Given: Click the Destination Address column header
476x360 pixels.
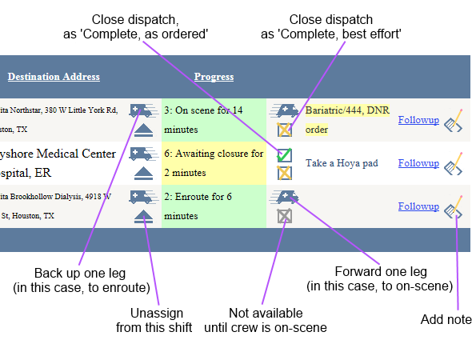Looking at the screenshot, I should (54, 77).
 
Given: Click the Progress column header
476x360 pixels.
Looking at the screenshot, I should (214, 77).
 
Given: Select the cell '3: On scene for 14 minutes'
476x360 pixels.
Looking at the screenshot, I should (214, 119).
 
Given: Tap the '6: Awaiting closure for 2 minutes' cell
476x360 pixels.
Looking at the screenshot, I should (214, 162).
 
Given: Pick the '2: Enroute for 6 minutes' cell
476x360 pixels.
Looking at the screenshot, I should (214, 206).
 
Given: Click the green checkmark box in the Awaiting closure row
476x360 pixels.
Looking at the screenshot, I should (284, 155).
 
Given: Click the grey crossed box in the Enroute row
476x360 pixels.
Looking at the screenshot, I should (284, 216).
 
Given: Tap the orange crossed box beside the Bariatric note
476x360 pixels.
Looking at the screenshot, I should (284, 130).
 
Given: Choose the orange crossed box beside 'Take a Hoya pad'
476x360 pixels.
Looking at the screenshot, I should (284, 173).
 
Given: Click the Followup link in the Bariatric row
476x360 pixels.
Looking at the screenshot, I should (418, 120).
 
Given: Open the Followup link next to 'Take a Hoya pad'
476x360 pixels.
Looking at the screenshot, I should (418, 163).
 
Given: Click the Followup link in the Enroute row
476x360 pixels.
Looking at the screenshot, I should (418, 206).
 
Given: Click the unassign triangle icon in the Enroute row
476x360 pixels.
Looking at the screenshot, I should (143, 215).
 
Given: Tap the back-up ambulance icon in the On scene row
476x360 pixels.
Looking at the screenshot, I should (142, 110).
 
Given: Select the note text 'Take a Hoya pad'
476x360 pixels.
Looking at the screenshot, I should (342, 163).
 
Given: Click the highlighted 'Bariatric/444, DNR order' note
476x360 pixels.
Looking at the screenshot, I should (346, 119).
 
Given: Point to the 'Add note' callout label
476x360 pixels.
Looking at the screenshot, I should (446, 319).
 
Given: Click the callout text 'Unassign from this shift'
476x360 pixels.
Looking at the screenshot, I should (161, 320).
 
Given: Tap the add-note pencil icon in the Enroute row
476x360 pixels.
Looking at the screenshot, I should (454, 206).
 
